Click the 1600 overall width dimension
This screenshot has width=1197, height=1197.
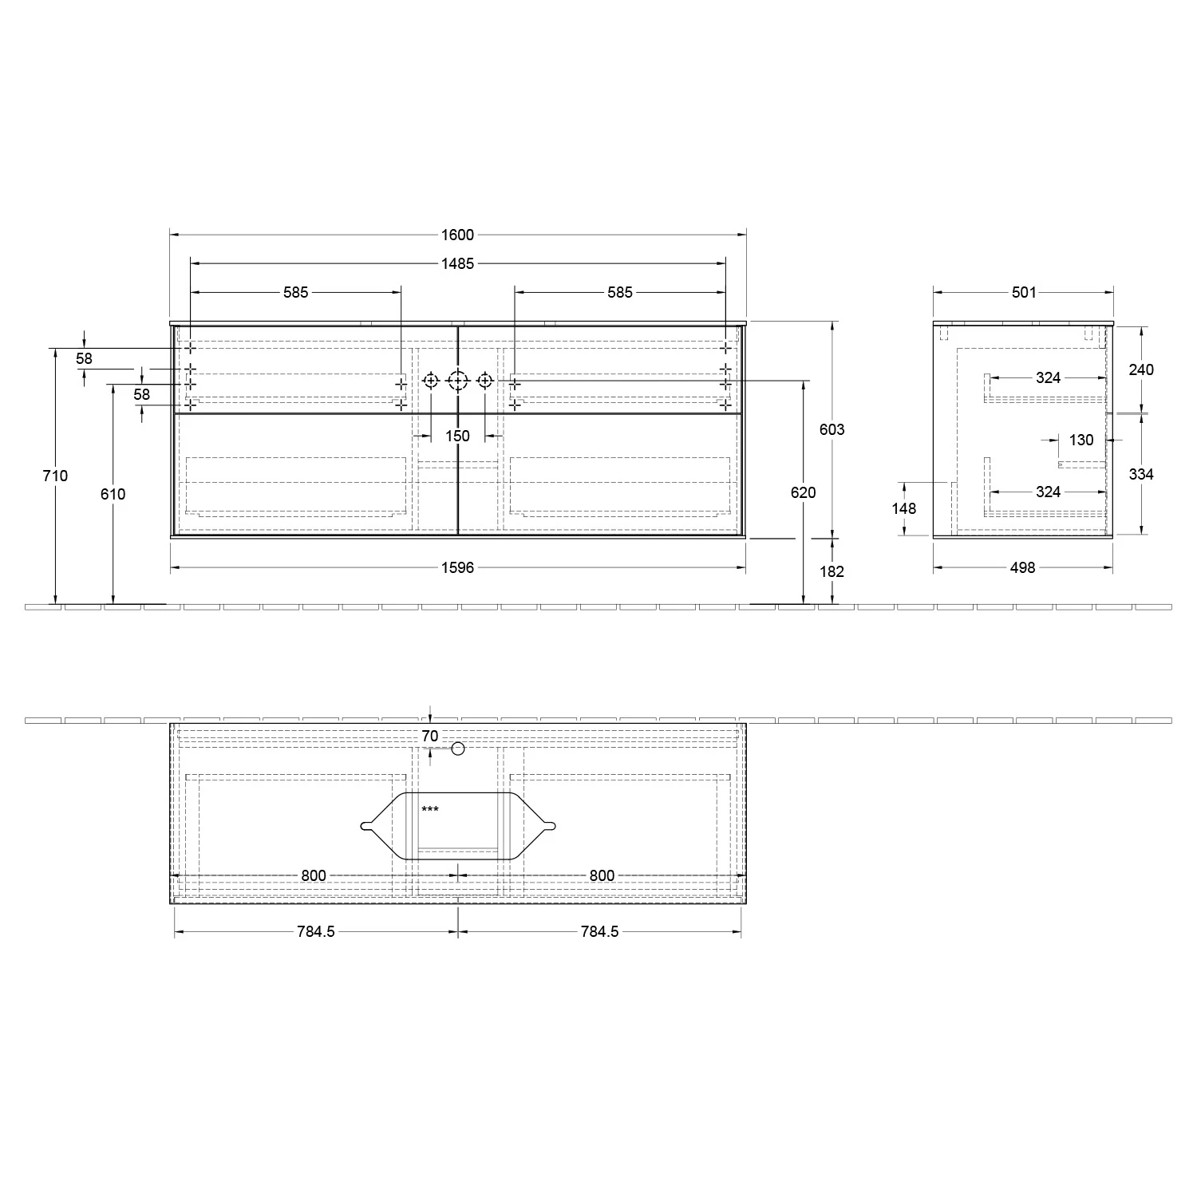(457, 235)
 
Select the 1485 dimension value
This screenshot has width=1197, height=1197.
(457, 263)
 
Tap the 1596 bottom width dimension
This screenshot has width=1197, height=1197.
(457, 567)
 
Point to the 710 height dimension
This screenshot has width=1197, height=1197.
(56, 476)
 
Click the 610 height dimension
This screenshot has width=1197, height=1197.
(113, 494)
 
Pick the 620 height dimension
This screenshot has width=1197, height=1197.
(804, 492)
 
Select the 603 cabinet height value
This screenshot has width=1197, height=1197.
(832, 429)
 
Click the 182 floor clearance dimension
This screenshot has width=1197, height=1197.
(832, 571)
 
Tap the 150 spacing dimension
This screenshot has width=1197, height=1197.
(457, 436)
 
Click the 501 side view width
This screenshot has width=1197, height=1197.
(1024, 292)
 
